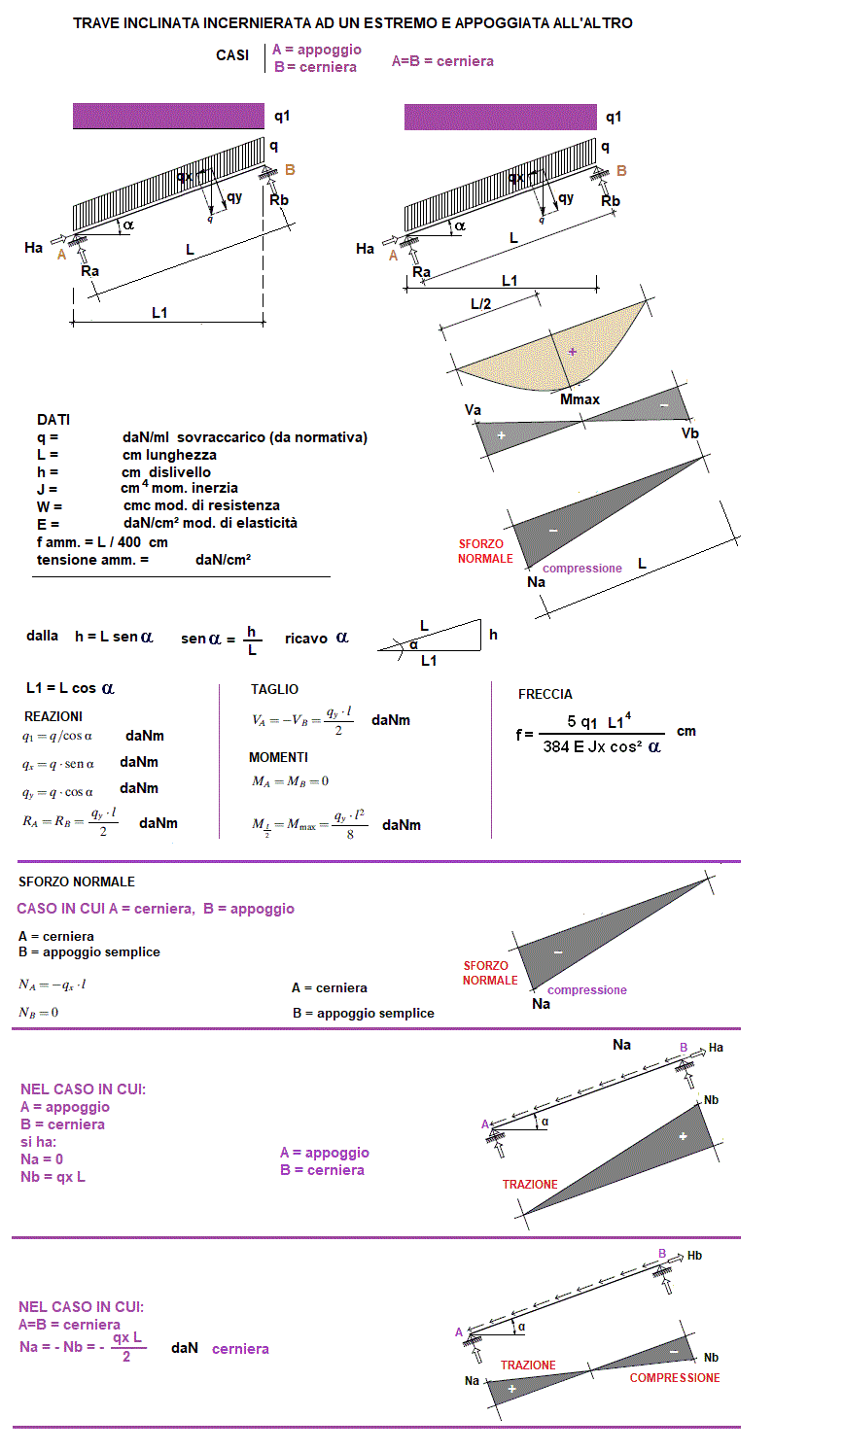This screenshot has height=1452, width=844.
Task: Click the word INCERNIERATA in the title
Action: click(260, 23)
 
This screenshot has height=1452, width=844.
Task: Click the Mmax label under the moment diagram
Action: click(580, 399)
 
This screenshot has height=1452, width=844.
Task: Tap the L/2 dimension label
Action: click(480, 304)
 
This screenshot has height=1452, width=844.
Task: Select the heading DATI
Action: click(53, 420)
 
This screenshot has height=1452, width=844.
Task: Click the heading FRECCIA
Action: click(545, 694)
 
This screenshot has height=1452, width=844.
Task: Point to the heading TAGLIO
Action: click(275, 689)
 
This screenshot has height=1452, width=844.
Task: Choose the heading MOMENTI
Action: click(278, 757)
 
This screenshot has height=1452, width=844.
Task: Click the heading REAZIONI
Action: click(53, 716)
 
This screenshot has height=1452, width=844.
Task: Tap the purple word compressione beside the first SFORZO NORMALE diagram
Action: click(581, 569)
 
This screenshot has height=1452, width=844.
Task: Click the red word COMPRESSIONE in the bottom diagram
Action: click(675, 1378)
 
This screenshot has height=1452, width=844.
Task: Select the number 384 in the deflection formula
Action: click(556, 746)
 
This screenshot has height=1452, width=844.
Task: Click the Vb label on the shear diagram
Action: click(689, 433)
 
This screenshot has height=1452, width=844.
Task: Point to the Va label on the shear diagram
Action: click(473, 410)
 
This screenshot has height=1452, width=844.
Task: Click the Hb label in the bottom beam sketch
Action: click(694, 1256)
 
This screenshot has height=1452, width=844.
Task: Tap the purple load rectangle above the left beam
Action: click(168, 117)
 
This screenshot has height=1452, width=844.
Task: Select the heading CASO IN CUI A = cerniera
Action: click(156, 909)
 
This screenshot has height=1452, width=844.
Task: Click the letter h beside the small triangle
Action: click(493, 635)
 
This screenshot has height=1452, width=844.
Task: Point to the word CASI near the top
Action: click(232, 55)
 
